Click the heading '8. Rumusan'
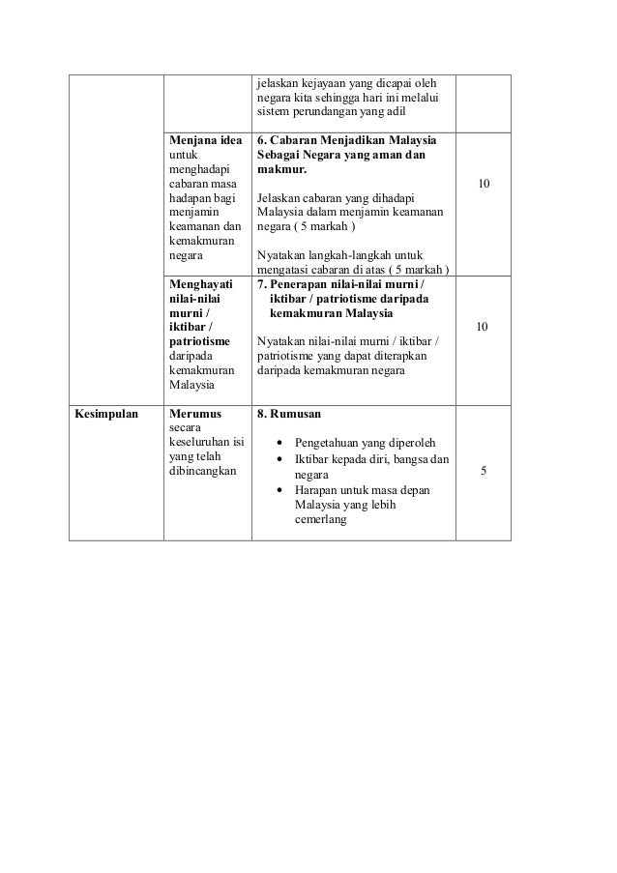point(288,414)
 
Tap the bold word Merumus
point(194,414)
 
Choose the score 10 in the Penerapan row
point(484,328)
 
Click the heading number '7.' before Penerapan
point(262,285)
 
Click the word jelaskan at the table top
point(279,81)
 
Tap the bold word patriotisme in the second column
point(200,342)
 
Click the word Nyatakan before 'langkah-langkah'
point(282,255)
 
